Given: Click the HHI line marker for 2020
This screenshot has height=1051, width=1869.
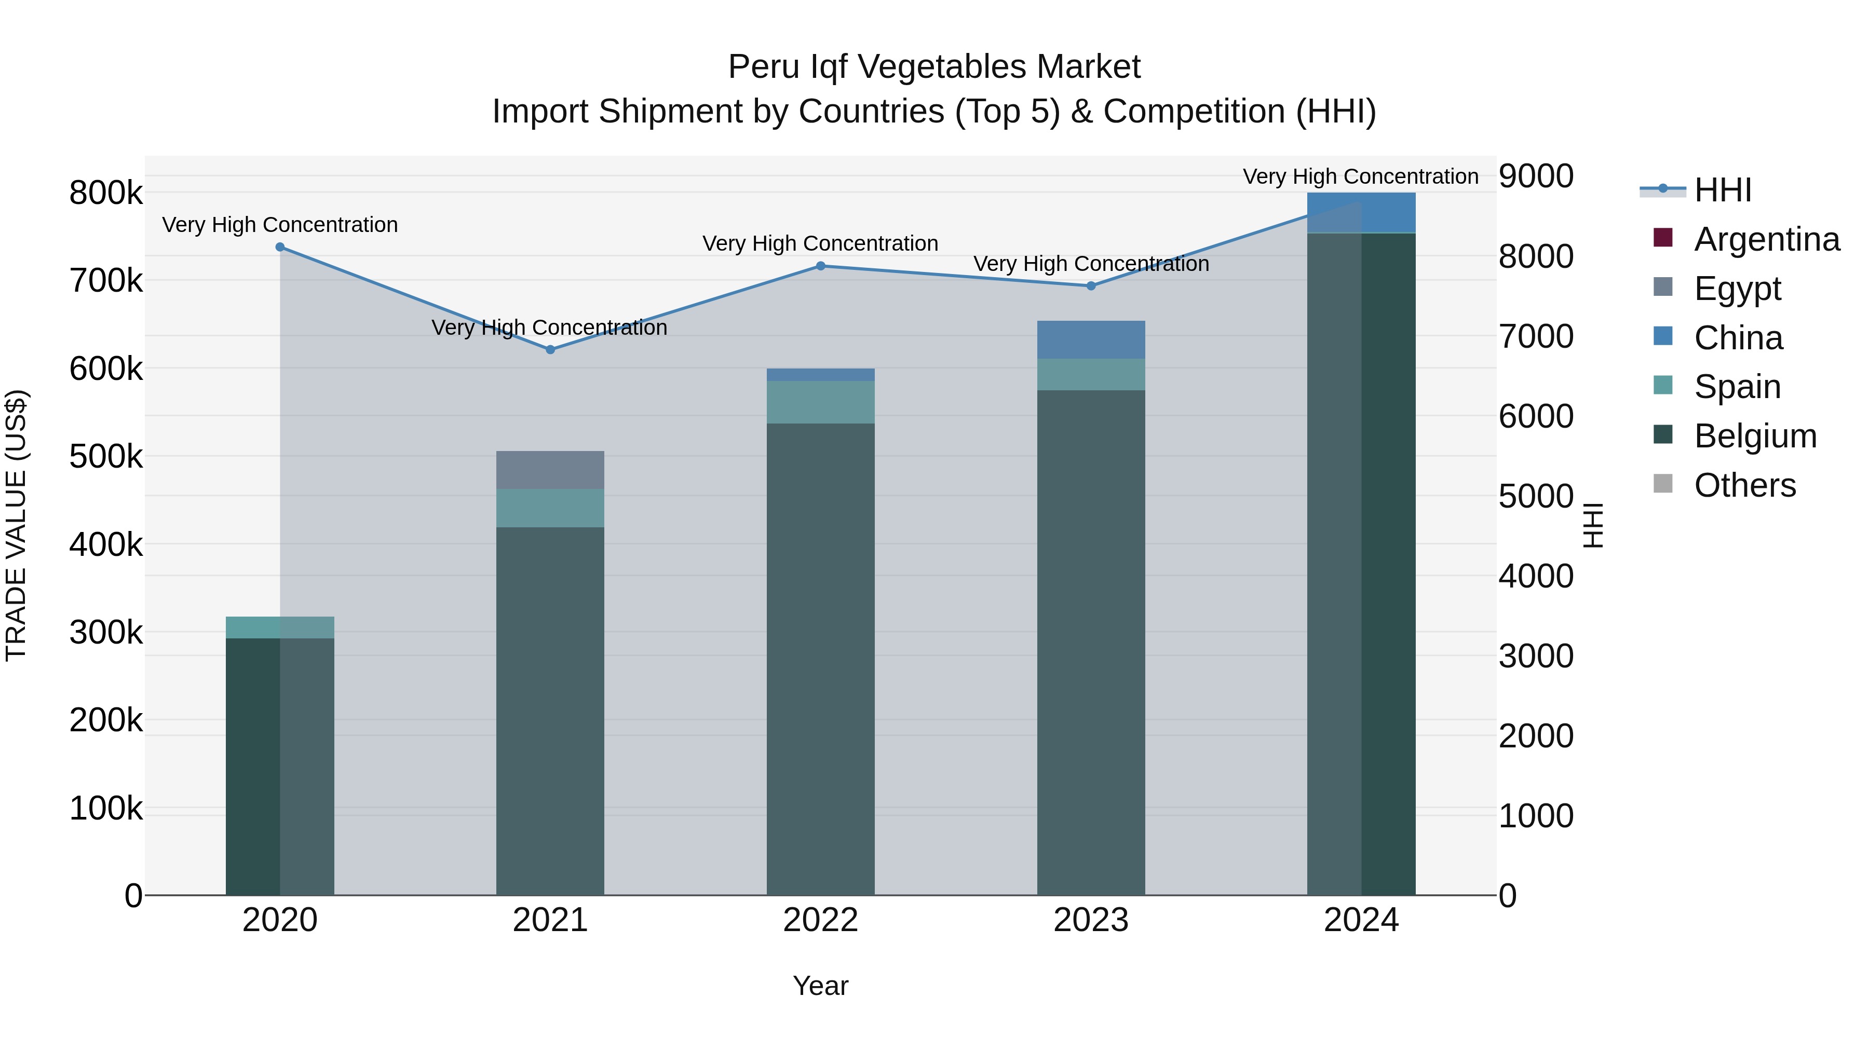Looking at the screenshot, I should tap(280, 248).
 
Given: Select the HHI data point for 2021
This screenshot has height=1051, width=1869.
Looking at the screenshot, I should tap(550, 350).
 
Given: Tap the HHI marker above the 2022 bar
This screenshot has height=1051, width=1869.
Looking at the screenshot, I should tap(821, 266).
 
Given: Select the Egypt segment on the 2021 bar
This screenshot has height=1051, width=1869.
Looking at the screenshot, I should tap(550, 470).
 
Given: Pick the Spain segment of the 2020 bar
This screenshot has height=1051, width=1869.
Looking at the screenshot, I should tap(280, 627).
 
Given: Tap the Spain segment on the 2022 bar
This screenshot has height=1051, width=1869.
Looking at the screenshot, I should tap(821, 402).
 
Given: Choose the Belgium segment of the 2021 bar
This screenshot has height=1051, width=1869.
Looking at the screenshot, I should tap(550, 711).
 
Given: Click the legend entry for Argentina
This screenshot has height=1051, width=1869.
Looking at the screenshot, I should tap(1766, 239).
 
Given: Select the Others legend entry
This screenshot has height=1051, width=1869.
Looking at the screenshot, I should tap(1744, 485).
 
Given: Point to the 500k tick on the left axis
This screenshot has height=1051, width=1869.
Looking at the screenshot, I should tap(106, 457).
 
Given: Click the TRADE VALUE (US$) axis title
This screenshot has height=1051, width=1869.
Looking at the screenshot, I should tap(17, 525).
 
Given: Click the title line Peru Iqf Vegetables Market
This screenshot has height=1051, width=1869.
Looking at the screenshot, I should tap(934, 67).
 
